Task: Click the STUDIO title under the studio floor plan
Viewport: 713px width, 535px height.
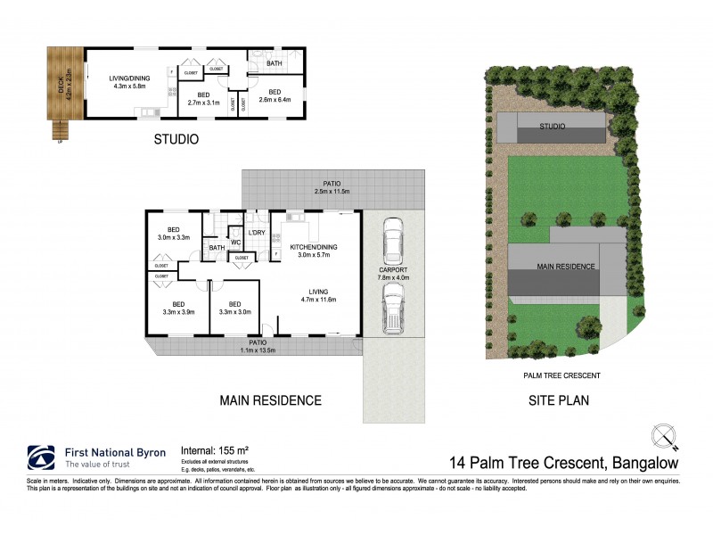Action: (176, 139)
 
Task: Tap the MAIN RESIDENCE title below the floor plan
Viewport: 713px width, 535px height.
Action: (271, 400)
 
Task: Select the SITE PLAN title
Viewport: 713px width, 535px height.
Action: (555, 400)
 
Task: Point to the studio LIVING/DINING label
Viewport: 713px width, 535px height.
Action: (130, 78)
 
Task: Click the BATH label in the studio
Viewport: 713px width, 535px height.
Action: (274, 63)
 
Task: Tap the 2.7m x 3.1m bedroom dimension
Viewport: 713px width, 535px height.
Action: (204, 103)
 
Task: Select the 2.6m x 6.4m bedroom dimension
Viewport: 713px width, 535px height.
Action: (275, 100)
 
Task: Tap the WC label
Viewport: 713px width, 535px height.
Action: (236, 242)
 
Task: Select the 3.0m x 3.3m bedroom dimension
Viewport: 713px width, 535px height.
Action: (175, 238)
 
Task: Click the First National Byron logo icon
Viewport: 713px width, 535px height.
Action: (43, 456)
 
